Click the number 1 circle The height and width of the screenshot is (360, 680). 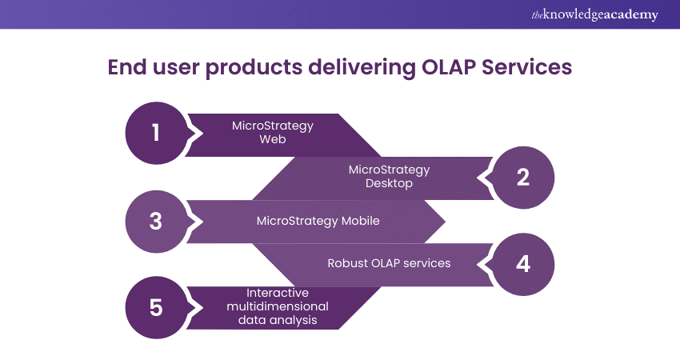pyautogui.click(x=156, y=133)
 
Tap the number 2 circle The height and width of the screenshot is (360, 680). pyautogui.click(x=523, y=177)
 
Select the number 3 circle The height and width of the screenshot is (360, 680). pyautogui.click(x=156, y=221)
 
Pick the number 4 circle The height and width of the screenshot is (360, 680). pyautogui.click(x=523, y=264)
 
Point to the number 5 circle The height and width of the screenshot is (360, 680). pyautogui.click(x=156, y=308)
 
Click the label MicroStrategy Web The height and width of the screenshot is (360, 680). pyautogui.click(x=272, y=133)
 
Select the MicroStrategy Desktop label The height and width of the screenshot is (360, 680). pyautogui.click(x=389, y=177)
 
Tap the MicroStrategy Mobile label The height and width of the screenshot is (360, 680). pyautogui.click(x=318, y=221)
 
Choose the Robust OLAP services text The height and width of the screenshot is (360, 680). pyautogui.click(x=389, y=263)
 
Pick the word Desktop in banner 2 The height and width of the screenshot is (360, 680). pyautogui.click(x=390, y=184)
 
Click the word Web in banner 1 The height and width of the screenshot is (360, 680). pyautogui.click(x=272, y=140)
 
